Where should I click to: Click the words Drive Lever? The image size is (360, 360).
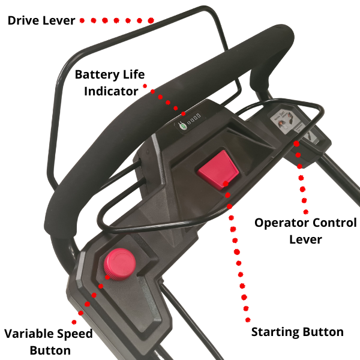41,20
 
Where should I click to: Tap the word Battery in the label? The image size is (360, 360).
97,76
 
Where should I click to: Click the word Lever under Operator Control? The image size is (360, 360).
305,239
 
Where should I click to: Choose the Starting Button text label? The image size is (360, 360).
297,332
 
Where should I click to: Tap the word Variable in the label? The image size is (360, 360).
30,334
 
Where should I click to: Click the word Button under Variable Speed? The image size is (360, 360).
50,350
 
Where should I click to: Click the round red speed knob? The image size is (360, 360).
119,263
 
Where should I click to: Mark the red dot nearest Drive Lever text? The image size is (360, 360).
82,20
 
